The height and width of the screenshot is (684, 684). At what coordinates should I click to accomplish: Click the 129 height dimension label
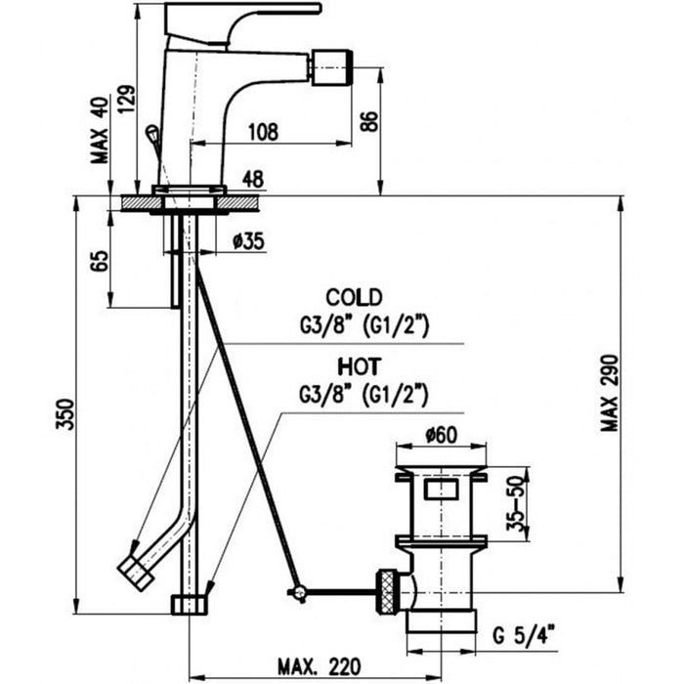(x=128, y=99)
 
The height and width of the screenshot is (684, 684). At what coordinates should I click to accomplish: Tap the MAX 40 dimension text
(x=100, y=130)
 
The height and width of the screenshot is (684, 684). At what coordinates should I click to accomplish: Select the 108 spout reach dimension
(x=263, y=132)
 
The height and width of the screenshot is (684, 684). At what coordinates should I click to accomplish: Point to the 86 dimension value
(x=368, y=121)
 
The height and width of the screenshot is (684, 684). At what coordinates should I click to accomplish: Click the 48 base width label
(x=252, y=179)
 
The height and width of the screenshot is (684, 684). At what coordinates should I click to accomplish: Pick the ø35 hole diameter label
(x=248, y=240)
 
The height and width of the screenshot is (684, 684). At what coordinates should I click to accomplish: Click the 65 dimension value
(x=101, y=261)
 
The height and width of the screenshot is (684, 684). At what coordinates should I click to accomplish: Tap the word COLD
(x=354, y=297)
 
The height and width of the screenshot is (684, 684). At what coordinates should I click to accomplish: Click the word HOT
(x=360, y=366)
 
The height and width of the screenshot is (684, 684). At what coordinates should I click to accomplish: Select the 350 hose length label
(x=65, y=414)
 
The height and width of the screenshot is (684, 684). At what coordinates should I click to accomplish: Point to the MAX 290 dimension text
(x=610, y=393)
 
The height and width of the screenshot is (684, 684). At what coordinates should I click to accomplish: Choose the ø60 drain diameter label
(x=442, y=435)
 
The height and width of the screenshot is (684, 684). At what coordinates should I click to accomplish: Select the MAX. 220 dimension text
(x=320, y=666)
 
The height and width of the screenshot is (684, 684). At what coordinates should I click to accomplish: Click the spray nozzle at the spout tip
(x=331, y=67)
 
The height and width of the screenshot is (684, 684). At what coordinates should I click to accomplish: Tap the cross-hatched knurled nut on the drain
(x=388, y=591)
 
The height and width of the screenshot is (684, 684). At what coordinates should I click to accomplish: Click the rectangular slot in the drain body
(x=442, y=489)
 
